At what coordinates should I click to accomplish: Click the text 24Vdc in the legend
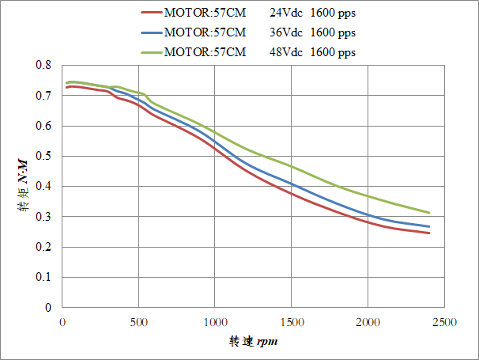(286, 13)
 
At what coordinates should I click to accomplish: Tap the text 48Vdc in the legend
(286, 52)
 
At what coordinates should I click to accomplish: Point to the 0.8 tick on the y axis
(47, 65)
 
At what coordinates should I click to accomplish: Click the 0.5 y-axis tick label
(47, 156)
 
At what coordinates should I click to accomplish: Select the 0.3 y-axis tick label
(47, 217)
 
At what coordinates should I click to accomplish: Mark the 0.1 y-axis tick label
(47, 278)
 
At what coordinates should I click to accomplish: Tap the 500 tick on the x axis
(139, 323)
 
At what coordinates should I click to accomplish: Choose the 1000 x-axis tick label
(215, 323)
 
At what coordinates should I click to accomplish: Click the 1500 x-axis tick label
(292, 323)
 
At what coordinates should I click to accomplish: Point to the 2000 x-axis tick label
(368, 323)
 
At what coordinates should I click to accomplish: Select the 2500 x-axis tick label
(443, 323)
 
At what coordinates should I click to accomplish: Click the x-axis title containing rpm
(253, 342)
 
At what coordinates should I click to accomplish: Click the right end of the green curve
(429, 213)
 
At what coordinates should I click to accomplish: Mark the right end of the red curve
(429, 233)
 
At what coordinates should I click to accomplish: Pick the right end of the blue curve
(429, 227)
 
